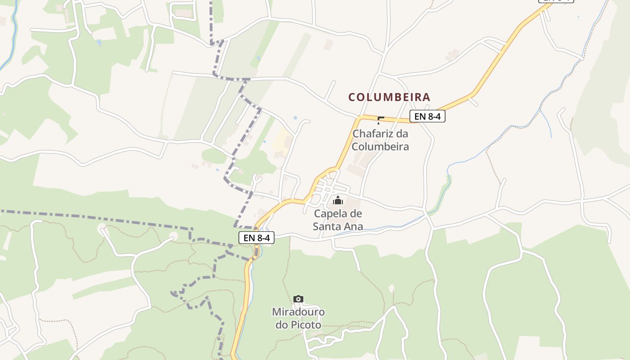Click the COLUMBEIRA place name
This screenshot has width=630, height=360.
pos(389,97)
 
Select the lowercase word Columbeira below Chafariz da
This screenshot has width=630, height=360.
pos(380,146)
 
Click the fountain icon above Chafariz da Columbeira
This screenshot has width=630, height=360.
pos(380,120)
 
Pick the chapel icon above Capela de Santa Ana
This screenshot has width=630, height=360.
pos(338,200)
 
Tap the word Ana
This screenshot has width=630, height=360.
pos(354,226)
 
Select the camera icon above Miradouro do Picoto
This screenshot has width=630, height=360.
pos(298,299)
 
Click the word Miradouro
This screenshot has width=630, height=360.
pos(298,312)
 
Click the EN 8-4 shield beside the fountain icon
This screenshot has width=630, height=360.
pos(427,117)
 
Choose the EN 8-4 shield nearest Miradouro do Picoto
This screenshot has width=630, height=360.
pos(256,238)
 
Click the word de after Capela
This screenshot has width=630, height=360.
pos(356,213)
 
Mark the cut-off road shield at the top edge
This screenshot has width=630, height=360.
pos(556,1)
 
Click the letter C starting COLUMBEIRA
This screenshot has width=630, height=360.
pos(352,97)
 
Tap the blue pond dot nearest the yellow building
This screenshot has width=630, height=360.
pos(295,117)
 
